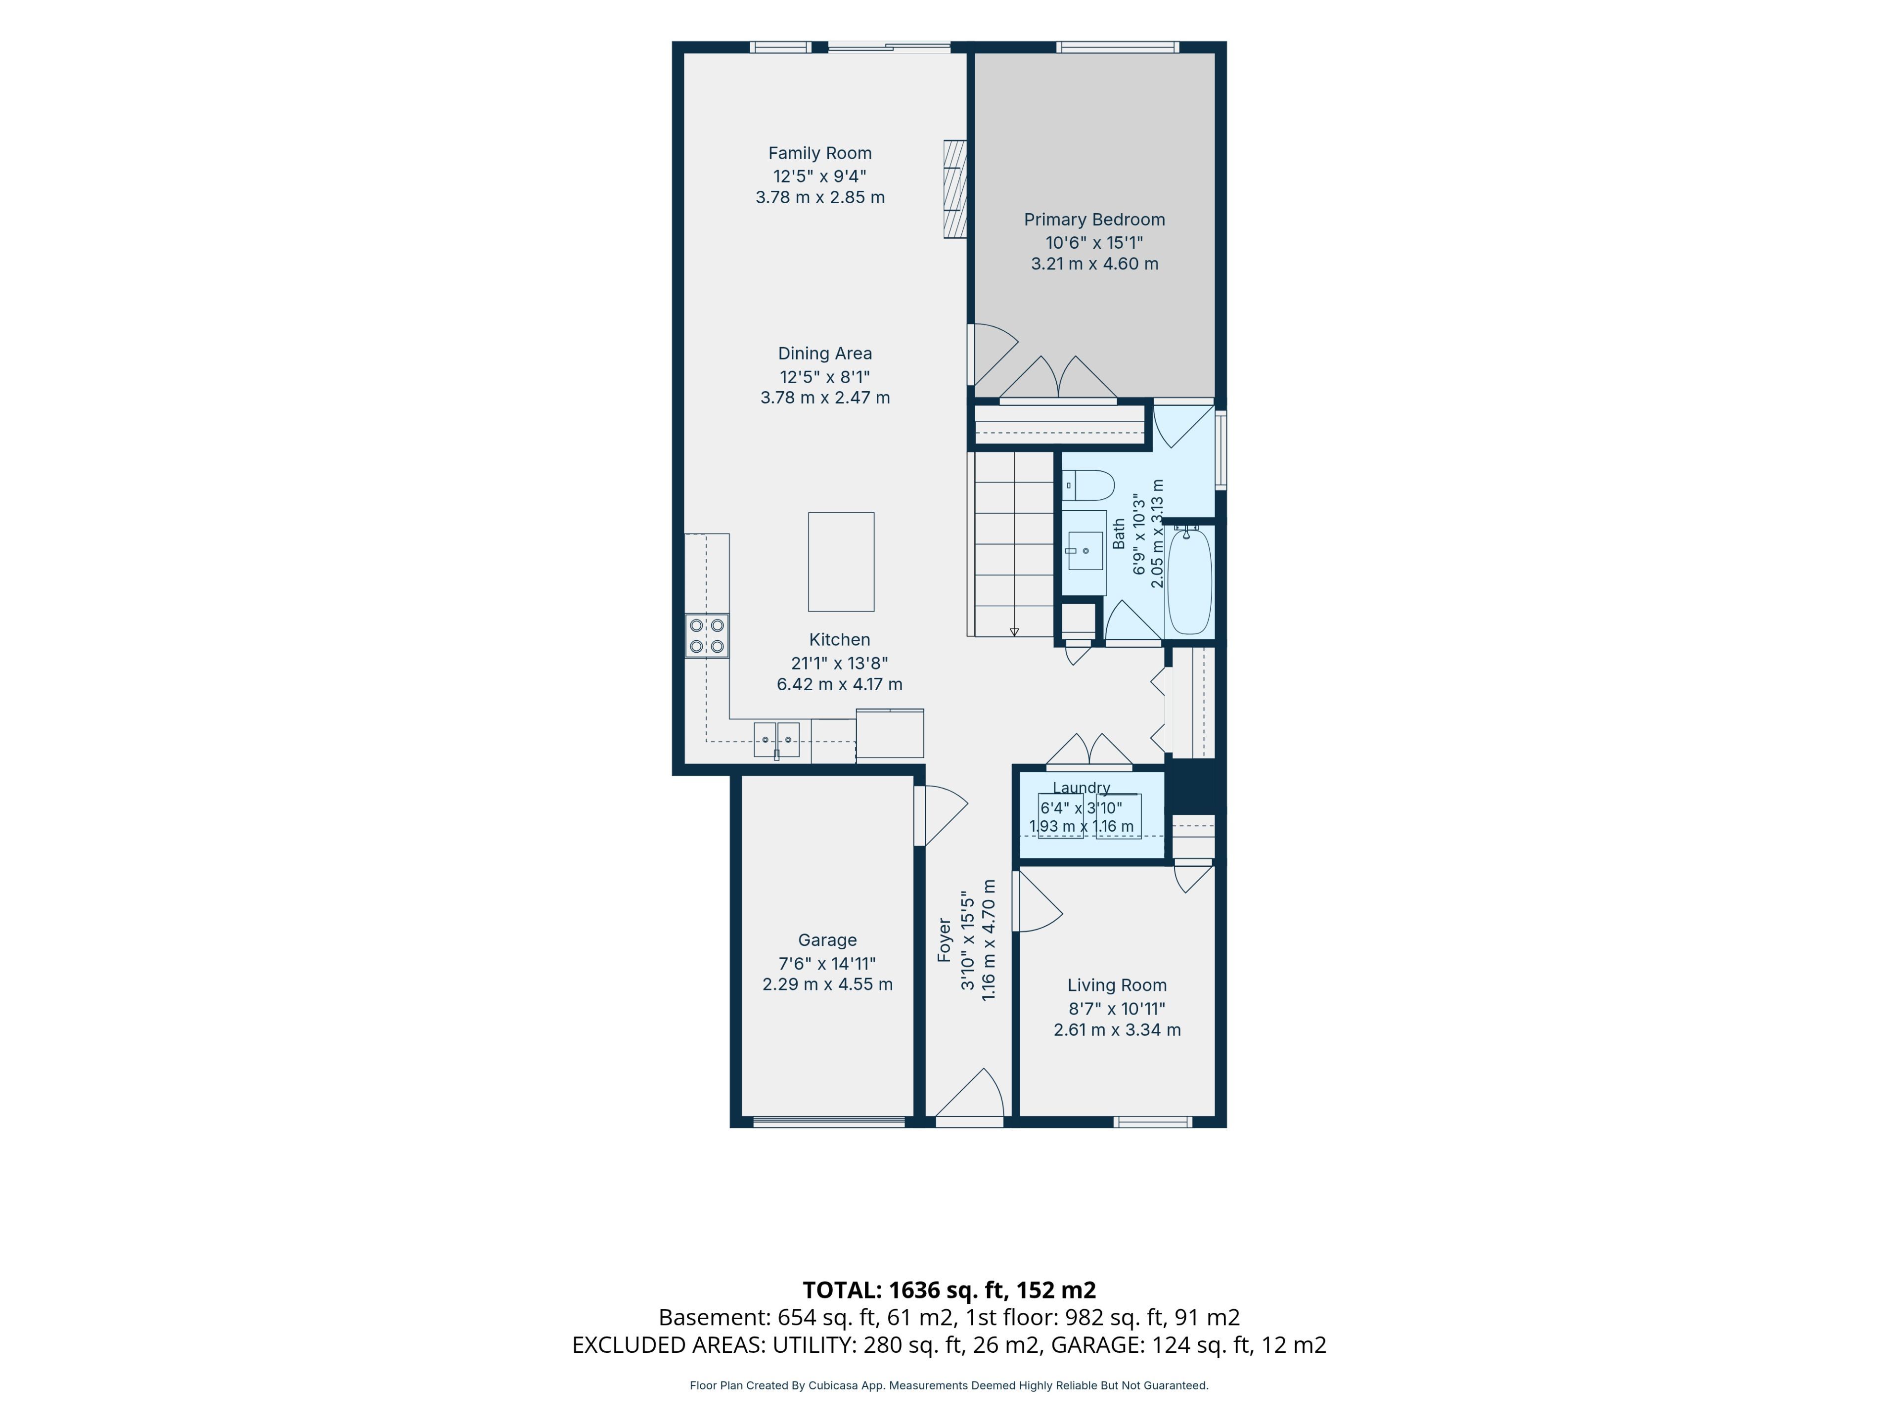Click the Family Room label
pyautogui.click(x=820, y=153)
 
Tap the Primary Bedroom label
pyautogui.click(x=1094, y=219)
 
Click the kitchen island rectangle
pyautogui.click(x=841, y=562)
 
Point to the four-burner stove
pyautogui.click(x=707, y=636)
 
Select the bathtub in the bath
pyautogui.click(x=1189, y=581)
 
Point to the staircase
pyautogui.click(x=1011, y=544)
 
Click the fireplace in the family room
pyautogui.click(x=954, y=189)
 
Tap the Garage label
pyautogui.click(x=827, y=940)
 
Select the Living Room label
pyautogui.click(x=1117, y=985)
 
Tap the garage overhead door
pyautogui.click(x=829, y=1121)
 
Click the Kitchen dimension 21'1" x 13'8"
pyautogui.click(x=840, y=663)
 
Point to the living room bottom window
pyautogui.click(x=1152, y=1121)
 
